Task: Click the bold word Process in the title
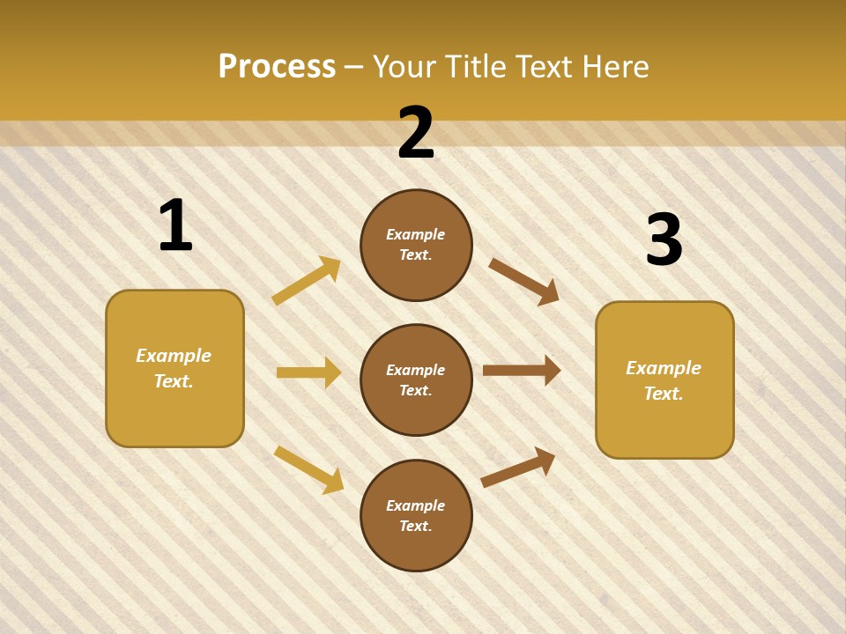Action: point(277,67)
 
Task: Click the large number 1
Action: point(175,226)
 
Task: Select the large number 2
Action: point(416,134)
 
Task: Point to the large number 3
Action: point(664,240)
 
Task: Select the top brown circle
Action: point(416,245)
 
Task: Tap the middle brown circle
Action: point(416,380)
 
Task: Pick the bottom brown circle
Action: point(416,516)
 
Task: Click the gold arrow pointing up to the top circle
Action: point(307,281)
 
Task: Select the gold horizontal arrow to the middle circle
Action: point(308,372)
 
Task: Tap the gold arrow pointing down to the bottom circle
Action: point(309,469)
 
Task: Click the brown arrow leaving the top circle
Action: point(523,282)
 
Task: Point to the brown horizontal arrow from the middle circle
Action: point(522,371)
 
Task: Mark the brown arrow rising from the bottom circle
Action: point(518,468)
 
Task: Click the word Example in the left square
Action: point(174,356)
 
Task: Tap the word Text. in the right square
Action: point(664,394)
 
